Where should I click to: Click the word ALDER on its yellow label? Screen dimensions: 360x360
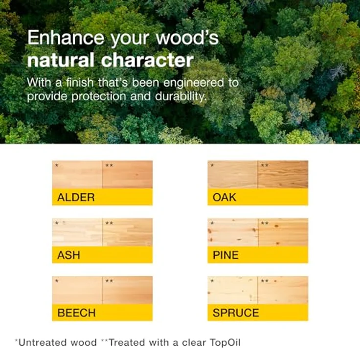pyautogui.click(x=76, y=198)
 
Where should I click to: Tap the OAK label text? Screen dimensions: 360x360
pyautogui.click(x=225, y=198)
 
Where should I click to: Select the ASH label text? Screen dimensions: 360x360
pyautogui.click(x=68, y=255)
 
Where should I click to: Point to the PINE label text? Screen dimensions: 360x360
pyautogui.click(x=225, y=255)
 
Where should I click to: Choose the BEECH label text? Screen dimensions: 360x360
pyautogui.click(x=76, y=313)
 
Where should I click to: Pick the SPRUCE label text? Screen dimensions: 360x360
pyautogui.click(x=236, y=313)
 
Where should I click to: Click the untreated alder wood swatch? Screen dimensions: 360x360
pyautogui.click(x=77, y=175)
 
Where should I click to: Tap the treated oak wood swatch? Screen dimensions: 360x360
pyautogui.click(x=283, y=175)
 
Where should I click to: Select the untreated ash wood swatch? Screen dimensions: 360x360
pyautogui.click(x=77, y=232)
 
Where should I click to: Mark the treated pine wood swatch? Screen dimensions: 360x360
pyautogui.click(x=283, y=232)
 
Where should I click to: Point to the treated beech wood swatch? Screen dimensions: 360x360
pyautogui.click(x=128, y=290)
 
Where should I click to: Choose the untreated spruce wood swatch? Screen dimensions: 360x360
pyautogui.click(x=232, y=290)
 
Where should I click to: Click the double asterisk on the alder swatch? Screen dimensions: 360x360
pyautogui.click(x=109, y=165)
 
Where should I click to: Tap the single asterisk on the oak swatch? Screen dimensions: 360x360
pyautogui.click(x=212, y=165)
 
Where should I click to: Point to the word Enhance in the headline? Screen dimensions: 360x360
pyautogui.click(x=66, y=38)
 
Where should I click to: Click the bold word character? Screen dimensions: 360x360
pyautogui.click(x=147, y=60)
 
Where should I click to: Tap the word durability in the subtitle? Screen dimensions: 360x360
pyautogui.click(x=181, y=96)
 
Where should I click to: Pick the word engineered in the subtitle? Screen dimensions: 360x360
pyautogui.click(x=193, y=83)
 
